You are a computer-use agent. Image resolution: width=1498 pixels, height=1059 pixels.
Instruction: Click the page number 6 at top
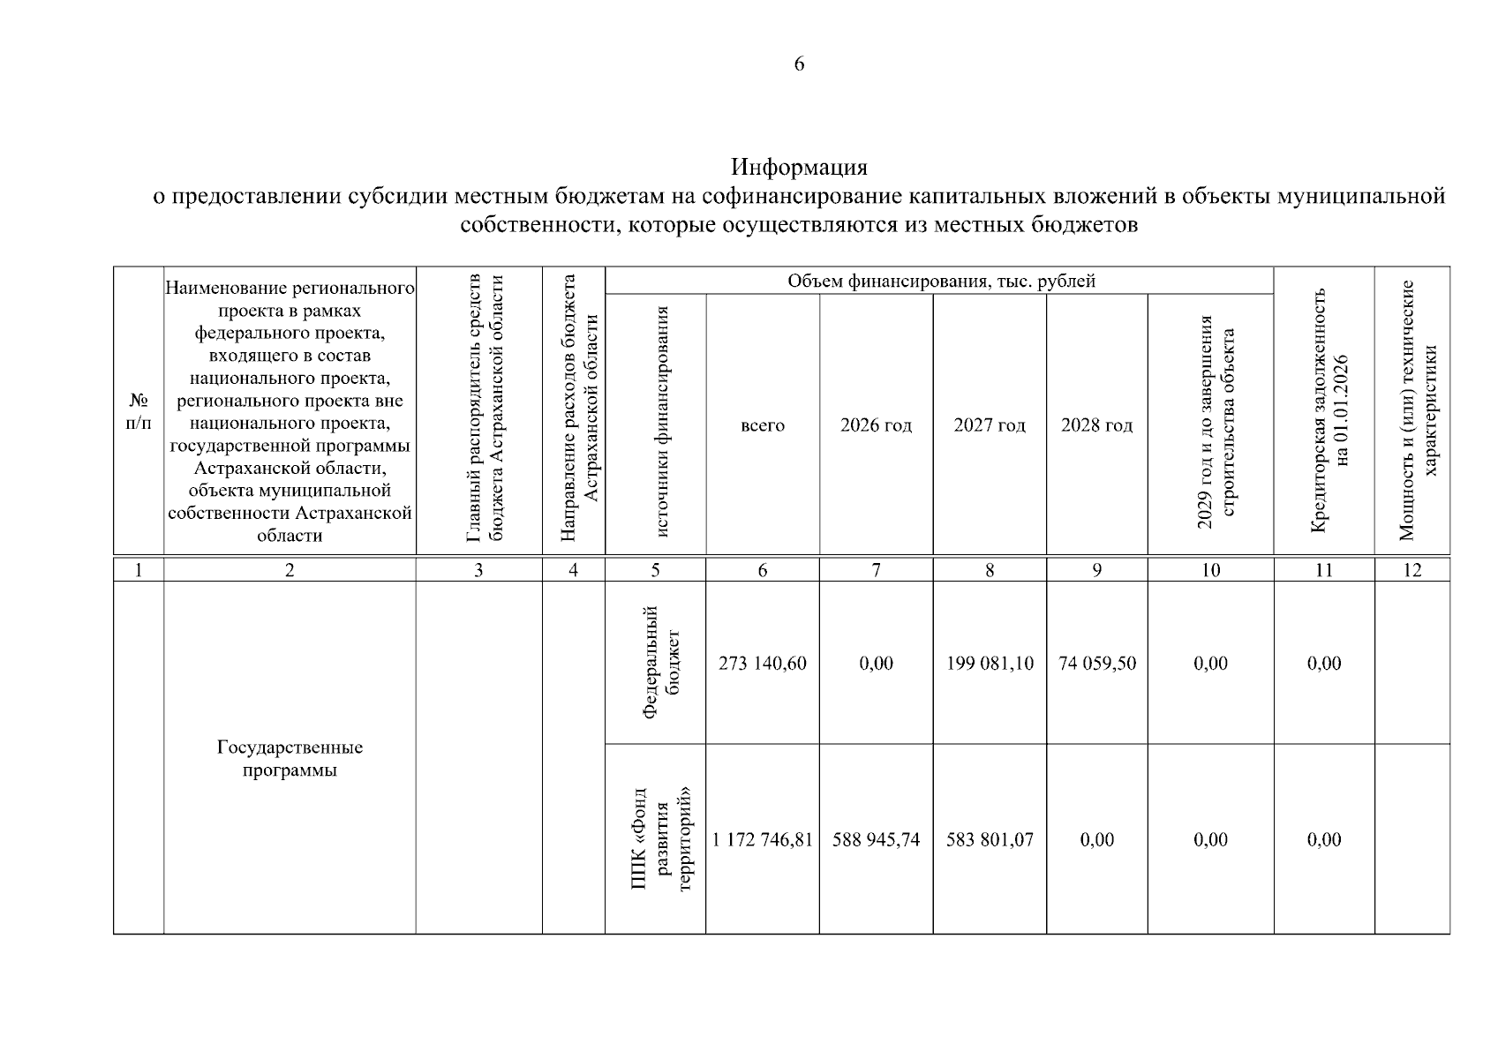[799, 64]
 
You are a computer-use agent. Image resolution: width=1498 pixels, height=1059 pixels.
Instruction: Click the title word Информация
[799, 167]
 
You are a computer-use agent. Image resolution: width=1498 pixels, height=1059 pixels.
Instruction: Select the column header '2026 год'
[876, 425]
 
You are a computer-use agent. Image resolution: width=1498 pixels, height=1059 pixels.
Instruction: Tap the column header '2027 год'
[990, 425]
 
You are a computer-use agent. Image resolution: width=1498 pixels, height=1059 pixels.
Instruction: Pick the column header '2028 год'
[1096, 425]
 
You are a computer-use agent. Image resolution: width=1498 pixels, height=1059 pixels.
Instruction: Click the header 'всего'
[763, 425]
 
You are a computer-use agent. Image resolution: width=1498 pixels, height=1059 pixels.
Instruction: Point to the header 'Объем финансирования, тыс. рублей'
[941, 282]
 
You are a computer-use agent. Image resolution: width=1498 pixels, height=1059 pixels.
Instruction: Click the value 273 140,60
[763, 664]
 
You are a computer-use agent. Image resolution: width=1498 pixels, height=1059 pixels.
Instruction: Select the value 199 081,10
[990, 664]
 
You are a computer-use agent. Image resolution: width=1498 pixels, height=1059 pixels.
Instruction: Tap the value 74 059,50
[1097, 664]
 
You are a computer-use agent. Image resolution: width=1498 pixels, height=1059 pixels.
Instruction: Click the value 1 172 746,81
[763, 840]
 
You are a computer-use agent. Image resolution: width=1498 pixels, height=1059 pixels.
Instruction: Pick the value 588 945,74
[876, 840]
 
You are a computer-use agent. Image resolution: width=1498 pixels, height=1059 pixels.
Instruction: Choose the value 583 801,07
[990, 840]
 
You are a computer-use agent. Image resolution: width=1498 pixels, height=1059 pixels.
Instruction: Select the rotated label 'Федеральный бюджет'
[662, 664]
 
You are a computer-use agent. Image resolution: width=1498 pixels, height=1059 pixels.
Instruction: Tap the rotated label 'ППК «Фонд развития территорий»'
[662, 840]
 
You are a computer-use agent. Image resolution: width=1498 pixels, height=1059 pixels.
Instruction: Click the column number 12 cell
[1411, 570]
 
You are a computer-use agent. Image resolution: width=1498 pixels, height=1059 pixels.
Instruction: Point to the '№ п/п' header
[138, 411]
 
